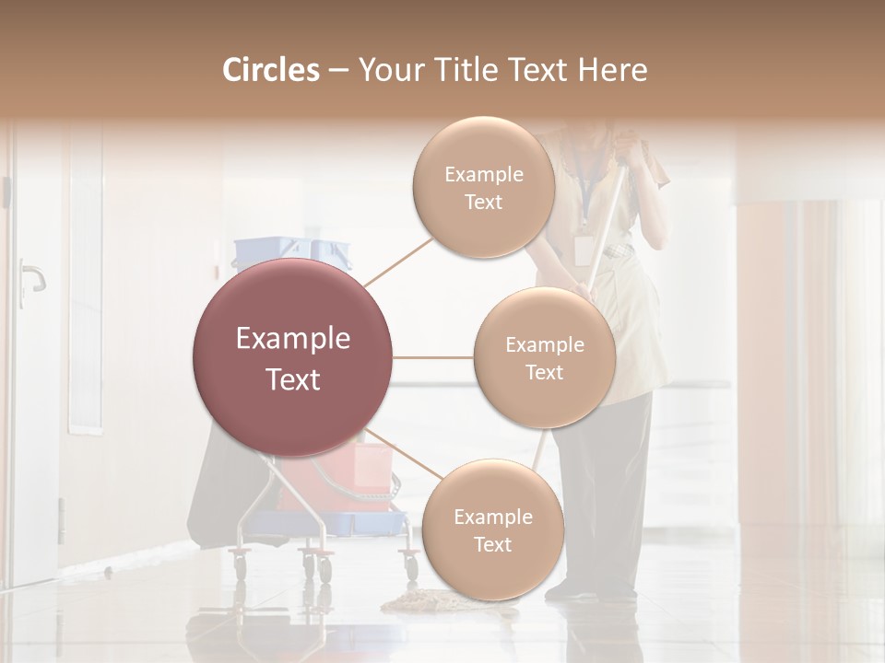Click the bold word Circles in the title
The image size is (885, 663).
[271, 70]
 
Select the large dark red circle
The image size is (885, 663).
[293, 357]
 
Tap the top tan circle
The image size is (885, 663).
[483, 187]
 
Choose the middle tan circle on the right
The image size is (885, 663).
[545, 358]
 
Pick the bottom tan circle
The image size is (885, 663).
[492, 529]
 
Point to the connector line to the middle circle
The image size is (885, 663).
[433, 357]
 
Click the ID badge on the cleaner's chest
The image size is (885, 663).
[583, 249]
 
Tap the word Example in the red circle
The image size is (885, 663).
[293, 339]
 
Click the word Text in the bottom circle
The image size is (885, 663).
[492, 544]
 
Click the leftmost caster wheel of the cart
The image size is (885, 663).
[241, 561]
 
